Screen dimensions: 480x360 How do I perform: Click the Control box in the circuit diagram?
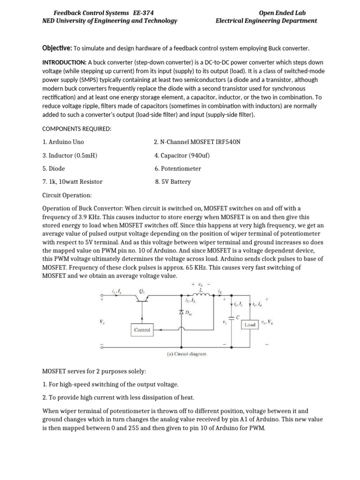142,330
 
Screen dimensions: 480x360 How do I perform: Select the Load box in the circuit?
250,324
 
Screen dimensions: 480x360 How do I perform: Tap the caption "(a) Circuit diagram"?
187,354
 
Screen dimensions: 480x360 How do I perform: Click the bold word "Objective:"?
57,48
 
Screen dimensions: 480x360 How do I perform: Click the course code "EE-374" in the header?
143,13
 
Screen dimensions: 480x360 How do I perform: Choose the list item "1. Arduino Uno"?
63,142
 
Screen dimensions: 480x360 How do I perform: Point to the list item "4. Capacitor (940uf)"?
183,155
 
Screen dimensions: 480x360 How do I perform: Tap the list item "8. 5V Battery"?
173,182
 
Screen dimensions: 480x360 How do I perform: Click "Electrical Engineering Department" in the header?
266,21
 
